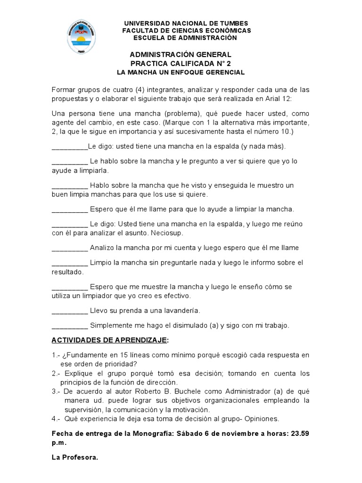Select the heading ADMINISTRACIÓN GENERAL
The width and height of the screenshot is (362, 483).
181,55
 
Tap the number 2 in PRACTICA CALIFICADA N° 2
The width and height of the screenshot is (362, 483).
229,64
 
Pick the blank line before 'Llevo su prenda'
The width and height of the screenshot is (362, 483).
69,311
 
